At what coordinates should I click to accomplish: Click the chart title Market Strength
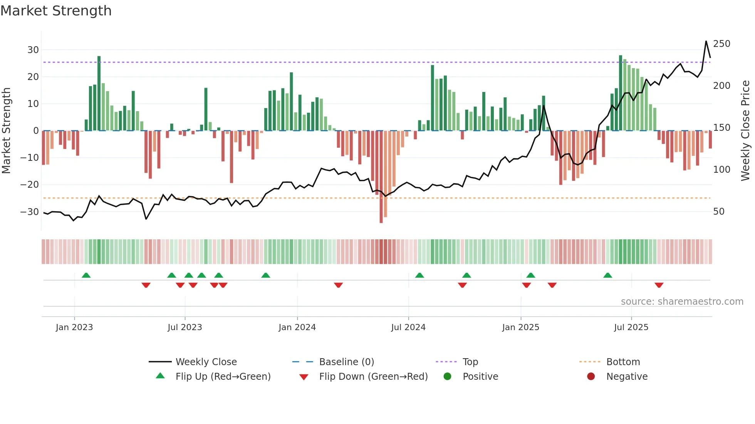coord(56,11)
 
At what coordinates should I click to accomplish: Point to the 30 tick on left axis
coord(33,50)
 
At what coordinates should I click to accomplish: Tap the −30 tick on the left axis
coord(30,212)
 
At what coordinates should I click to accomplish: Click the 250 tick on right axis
coord(721,44)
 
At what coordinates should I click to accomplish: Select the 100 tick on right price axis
coord(721,170)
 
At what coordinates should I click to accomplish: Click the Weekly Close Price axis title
coord(746,131)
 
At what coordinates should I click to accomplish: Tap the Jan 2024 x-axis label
coord(297,327)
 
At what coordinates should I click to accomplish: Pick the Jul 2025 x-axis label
coord(631,327)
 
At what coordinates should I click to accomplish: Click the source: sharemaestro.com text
coord(682,302)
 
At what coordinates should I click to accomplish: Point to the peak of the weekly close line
coord(706,41)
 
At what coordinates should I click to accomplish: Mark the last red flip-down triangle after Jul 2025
coord(659,285)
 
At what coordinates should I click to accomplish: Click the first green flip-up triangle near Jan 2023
coord(86,275)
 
